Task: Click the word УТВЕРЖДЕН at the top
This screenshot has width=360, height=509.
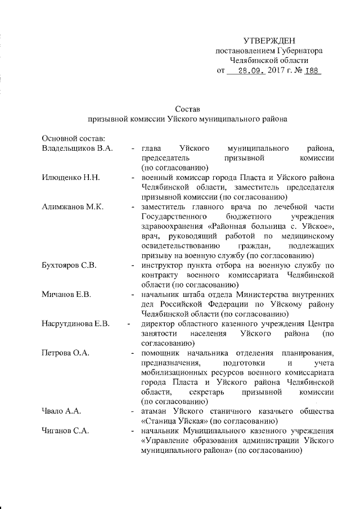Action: tap(268, 41)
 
